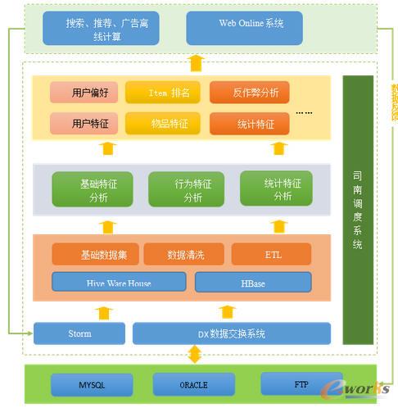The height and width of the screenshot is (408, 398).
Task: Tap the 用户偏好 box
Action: coord(84,93)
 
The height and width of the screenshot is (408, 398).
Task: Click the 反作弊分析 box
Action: coord(249,93)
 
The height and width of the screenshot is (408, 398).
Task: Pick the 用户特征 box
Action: coord(84,124)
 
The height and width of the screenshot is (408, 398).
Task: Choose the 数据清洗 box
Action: coord(184,255)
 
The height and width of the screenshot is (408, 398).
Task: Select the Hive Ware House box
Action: coord(118,283)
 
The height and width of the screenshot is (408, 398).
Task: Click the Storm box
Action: coord(79,333)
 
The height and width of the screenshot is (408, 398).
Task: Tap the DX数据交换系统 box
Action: coord(231,333)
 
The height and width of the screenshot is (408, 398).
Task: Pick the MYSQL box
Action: coord(92,383)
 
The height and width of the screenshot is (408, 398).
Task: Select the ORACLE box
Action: coord(193,383)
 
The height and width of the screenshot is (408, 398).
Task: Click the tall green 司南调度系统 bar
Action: coord(357,210)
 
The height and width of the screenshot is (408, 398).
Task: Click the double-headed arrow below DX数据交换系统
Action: coord(194,355)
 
